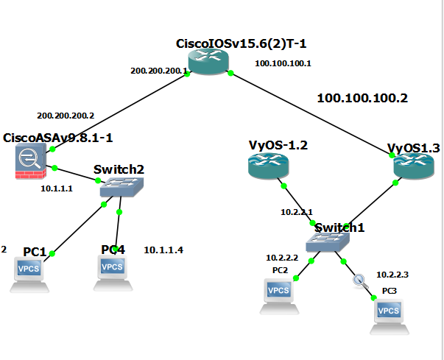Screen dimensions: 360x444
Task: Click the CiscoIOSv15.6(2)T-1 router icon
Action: [x=209, y=62]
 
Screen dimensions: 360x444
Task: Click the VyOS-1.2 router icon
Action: [x=266, y=166]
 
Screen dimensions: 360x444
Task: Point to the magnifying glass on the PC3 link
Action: [x=359, y=280]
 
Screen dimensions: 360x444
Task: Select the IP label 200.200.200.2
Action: [x=66, y=116]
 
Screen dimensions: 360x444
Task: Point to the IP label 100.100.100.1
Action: [x=283, y=63]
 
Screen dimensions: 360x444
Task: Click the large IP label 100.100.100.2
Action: [x=362, y=97]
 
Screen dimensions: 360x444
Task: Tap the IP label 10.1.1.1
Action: [x=56, y=188]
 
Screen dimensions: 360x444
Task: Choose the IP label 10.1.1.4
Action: [x=163, y=250]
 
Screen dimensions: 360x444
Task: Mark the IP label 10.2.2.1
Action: [x=296, y=212]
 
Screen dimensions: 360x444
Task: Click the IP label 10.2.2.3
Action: [x=392, y=275]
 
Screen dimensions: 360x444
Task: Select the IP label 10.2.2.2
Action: [x=282, y=258]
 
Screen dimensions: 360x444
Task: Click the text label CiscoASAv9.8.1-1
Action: [x=58, y=138]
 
